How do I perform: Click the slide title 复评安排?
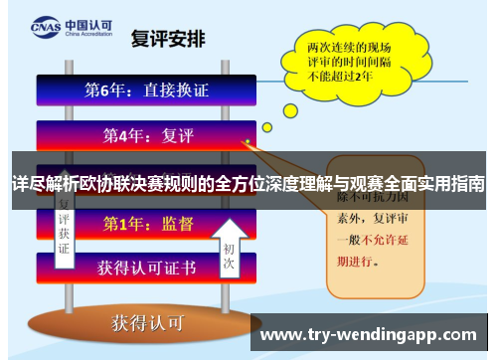click(170, 40)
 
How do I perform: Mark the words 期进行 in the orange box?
click(356, 262)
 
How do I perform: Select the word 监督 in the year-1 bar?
click(173, 225)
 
